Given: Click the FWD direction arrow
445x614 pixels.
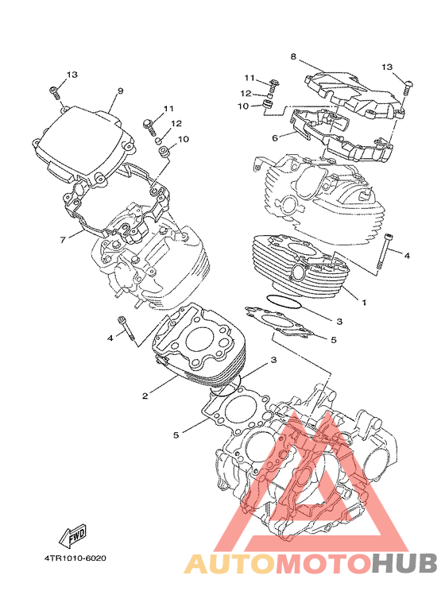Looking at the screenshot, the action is point(73,535).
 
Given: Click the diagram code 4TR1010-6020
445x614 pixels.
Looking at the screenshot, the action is point(75,558).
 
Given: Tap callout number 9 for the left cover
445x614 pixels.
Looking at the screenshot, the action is point(120,91).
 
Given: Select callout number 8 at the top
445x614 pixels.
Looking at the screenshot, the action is point(293,56).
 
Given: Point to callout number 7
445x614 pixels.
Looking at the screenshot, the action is point(63,240).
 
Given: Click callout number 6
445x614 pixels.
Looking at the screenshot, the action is point(275,138).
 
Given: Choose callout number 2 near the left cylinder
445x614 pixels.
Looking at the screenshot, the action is point(145,396).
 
